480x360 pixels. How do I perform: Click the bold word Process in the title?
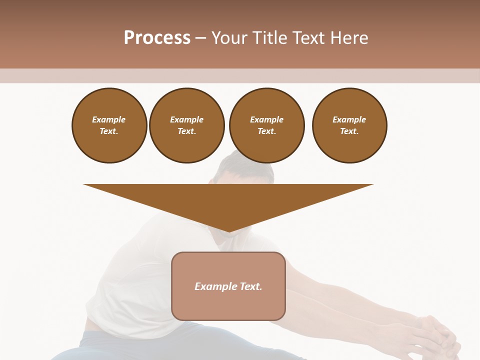click(157, 38)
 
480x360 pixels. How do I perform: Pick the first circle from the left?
click(109, 125)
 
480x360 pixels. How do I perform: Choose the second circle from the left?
click(186, 125)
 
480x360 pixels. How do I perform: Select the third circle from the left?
click(266, 125)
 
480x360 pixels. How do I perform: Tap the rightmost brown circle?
click(349, 125)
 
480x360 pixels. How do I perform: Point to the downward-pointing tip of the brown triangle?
click(228, 231)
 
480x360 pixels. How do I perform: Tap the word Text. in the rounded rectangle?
click(250, 286)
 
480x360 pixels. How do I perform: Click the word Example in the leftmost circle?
click(109, 119)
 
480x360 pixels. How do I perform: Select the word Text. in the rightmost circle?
click(349, 131)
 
